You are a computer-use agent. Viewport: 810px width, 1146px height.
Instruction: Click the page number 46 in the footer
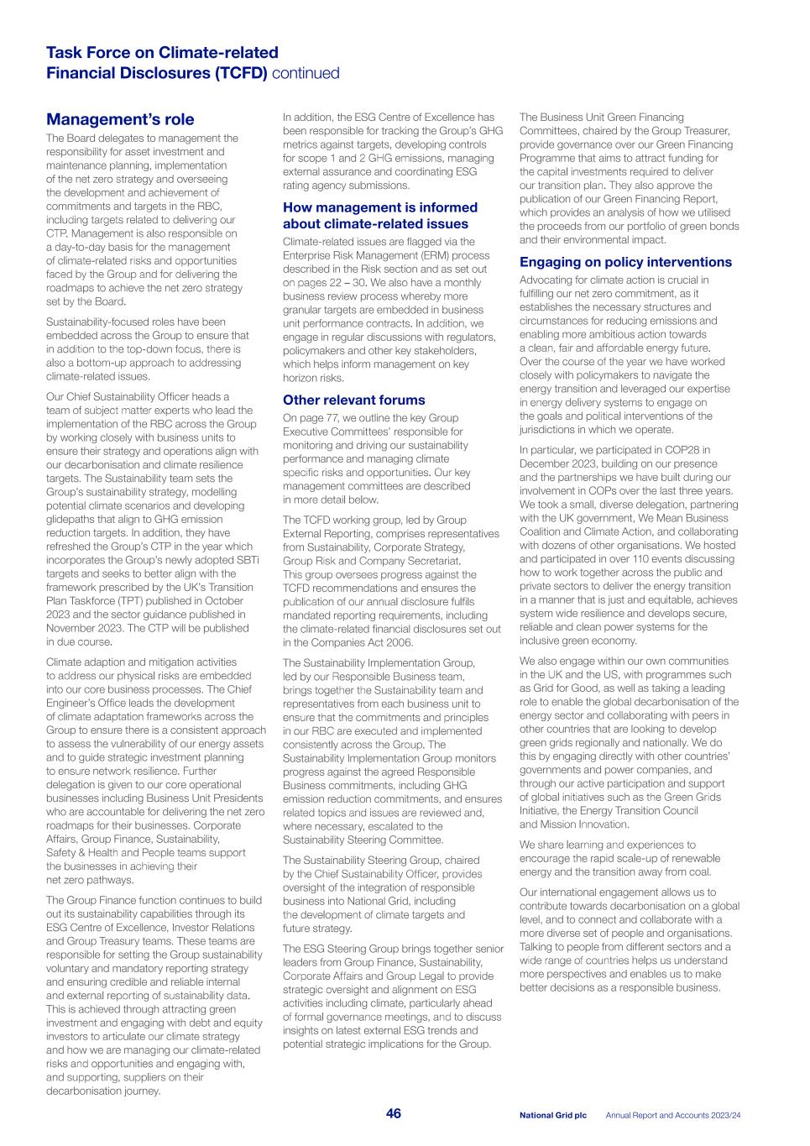[x=393, y=1113]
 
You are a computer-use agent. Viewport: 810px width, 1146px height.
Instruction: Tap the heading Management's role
[x=120, y=119]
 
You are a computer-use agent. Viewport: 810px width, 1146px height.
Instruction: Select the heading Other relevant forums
[x=353, y=400]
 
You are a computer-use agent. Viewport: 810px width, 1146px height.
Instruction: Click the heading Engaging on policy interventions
[x=625, y=262]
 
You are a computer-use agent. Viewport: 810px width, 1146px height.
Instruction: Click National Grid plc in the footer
[x=552, y=1115]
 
